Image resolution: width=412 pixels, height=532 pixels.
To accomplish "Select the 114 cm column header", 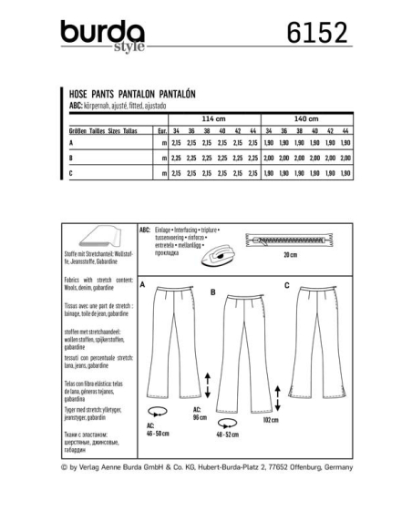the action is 211,118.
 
